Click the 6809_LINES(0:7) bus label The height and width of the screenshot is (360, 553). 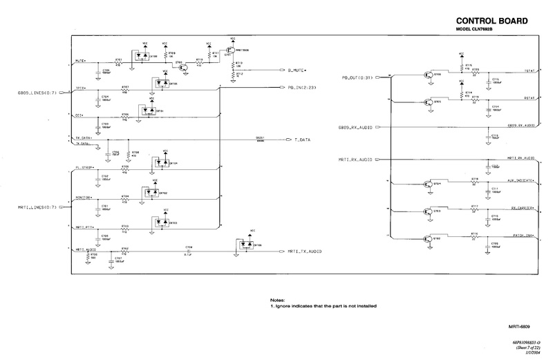35,93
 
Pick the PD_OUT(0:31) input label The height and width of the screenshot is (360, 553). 357,77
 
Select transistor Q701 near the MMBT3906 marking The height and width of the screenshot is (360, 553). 234,55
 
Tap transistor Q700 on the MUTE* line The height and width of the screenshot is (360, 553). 182,67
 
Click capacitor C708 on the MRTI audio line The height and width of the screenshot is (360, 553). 188,251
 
